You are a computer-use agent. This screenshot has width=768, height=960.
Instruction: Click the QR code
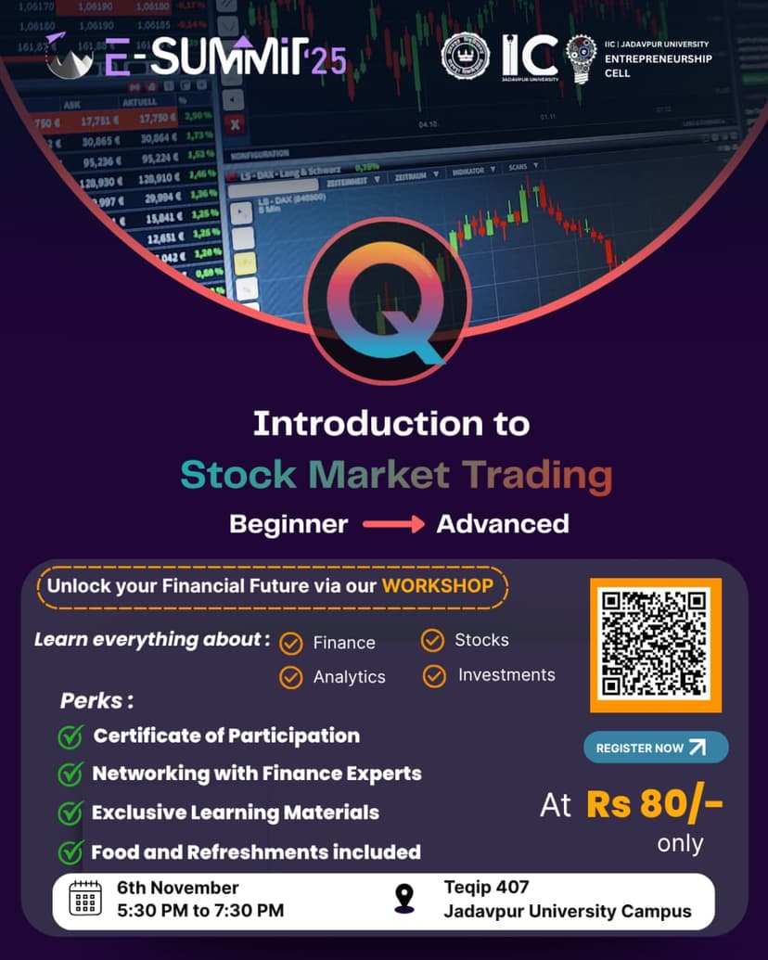(655, 646)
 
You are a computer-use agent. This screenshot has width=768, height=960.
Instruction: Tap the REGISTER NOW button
(655, 748)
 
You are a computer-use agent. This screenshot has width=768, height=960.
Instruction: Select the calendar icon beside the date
(85, 899)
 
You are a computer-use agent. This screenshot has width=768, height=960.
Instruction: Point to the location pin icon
(404, 899)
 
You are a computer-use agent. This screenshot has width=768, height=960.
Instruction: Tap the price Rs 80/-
(654, 804)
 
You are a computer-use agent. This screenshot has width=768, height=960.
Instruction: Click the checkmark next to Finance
(292, 643)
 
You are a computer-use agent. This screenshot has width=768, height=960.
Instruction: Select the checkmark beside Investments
(434, 676)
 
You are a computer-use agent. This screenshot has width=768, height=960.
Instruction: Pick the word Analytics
(349, 677)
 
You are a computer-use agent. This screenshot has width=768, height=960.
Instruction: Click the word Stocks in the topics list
(481, 640)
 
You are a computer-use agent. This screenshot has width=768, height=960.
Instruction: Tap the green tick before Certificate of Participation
(70, 736)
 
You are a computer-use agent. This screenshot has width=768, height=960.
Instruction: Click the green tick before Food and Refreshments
(70, 851)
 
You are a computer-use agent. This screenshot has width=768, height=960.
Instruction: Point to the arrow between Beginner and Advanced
(392, 524)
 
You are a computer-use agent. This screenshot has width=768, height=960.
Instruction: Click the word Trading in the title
(538, 475)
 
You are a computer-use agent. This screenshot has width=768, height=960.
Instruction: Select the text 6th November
(178, 888)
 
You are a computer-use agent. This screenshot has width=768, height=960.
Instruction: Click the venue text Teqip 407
(486, 888)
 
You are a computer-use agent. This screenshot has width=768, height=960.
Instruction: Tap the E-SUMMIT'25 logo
(195, 58)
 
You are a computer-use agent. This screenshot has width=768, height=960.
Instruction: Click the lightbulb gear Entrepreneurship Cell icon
(582, 58)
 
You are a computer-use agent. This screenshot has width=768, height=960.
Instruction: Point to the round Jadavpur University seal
(465, 57)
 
